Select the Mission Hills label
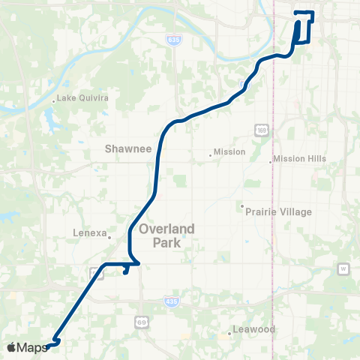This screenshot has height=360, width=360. point(300,159)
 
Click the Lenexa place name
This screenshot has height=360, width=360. point(90,232)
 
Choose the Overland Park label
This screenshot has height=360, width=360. point(166,235)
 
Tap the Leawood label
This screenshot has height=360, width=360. point(255,329)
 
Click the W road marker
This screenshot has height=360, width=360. point(344,268)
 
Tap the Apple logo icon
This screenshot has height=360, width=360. point(11,347)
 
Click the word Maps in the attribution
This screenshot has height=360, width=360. point(32,347)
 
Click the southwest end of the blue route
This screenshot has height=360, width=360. point(47,346)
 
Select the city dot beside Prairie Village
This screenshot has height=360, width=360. point(242,205)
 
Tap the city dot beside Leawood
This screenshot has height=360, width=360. point(230,333)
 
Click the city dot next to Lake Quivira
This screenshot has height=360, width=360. point(54,98)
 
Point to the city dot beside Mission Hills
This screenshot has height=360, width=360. point(271,160)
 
